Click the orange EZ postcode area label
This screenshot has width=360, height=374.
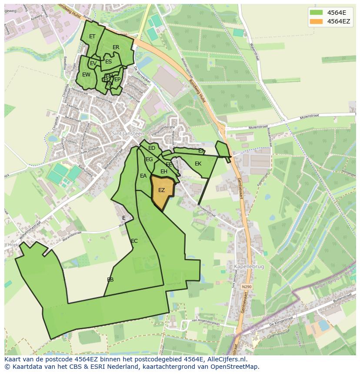click(161, 190)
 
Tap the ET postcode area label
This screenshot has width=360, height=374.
click(92, 36)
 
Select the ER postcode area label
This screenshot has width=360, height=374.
click(116, 47)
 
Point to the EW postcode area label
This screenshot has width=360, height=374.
click(86, 75)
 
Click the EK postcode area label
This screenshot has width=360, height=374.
click(198, 164)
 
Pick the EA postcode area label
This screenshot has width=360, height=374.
click(143, 176)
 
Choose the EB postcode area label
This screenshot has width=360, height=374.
click(110, 280)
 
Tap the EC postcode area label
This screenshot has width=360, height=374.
click(134, 241)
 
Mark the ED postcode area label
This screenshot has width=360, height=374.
click(152, 148)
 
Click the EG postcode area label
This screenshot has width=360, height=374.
click(149, 159)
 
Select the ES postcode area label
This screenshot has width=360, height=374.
click(109, 62)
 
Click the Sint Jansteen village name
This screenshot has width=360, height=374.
click(128, 134)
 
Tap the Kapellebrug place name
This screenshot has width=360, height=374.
click(249, 267)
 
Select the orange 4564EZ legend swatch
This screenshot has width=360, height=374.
click(317, 21)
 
